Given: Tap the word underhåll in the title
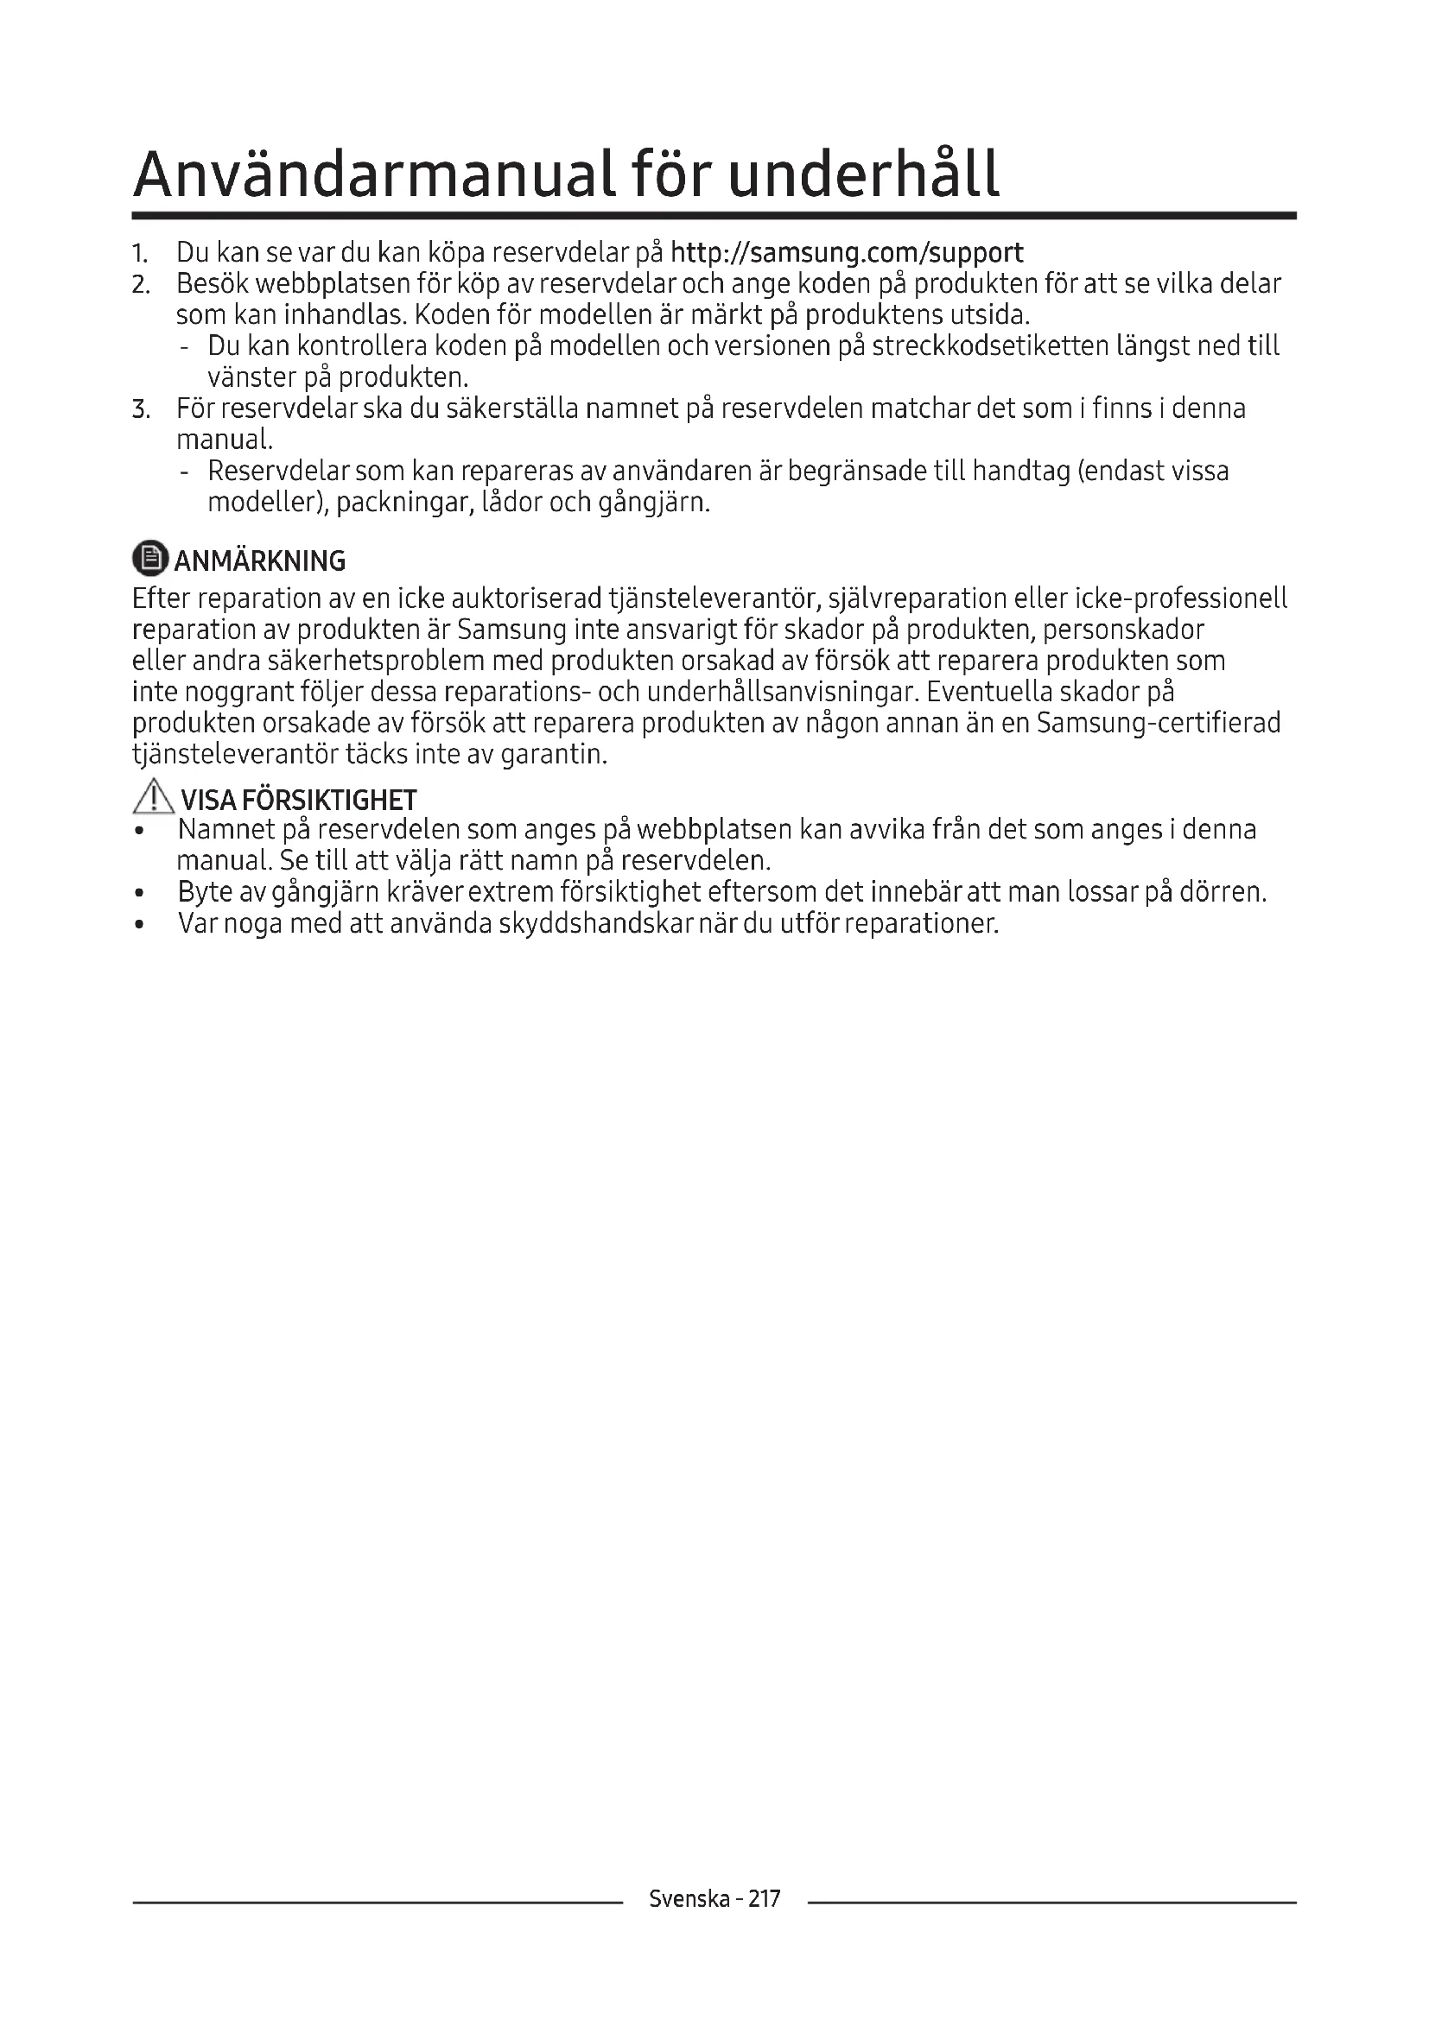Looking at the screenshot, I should tap(863, 174).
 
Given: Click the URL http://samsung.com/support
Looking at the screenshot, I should tap(847, 253).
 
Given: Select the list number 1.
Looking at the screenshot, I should tap(139, 254).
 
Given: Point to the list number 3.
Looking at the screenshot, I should tap(141, 409).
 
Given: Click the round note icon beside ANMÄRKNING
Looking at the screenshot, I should tap(149, 558).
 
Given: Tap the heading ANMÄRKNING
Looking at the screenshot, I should tap(259, 560).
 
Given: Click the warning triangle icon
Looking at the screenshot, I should tap(153, 797).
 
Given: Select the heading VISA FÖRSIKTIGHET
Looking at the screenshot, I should tap(298, 800).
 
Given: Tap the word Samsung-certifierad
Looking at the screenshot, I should tap(1158, 723).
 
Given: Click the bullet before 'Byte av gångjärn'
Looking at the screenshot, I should tap(139, 894).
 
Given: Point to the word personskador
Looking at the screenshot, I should tap(1123, 630).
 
